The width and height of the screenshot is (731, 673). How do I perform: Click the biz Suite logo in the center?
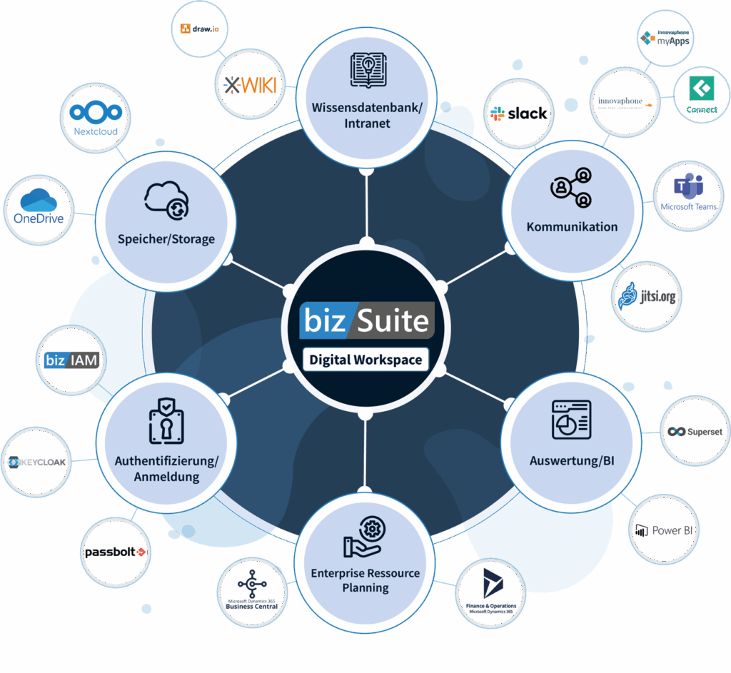pos(366,319)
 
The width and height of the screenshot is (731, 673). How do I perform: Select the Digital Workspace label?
pos(365,359)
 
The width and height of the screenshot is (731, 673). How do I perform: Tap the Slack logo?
pos(519,113)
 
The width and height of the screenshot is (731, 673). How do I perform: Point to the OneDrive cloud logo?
pos(39,207)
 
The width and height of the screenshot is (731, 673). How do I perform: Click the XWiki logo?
pos(249,86)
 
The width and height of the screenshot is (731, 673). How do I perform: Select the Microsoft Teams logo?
pos(688,193)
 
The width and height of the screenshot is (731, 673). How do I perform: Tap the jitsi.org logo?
pos(647,295)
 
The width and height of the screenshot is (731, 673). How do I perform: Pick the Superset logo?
pos(695,432)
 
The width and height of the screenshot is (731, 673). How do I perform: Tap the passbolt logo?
pos(116,552)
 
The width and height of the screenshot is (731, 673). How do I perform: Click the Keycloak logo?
pos(37,462)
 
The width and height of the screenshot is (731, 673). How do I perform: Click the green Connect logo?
pos(702,95)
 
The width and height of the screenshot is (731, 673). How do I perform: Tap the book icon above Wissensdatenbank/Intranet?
pos(367,70)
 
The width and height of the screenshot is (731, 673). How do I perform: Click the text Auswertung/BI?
pos(572,461)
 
